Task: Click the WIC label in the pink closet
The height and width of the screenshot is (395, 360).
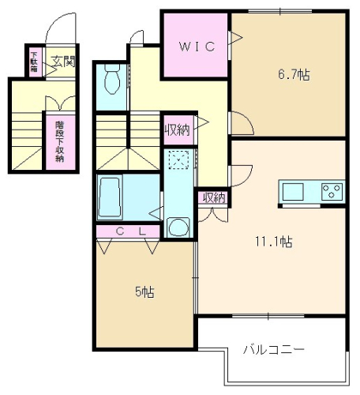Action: click(x=197, y=47)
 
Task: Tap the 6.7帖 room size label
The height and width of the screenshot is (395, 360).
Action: click(x=294, y=75)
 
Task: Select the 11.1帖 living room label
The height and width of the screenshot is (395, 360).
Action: click(x=274, y=242)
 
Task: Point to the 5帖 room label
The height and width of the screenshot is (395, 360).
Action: click(x=144, y=292)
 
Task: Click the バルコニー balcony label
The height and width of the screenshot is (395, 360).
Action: click(x=274, y=350)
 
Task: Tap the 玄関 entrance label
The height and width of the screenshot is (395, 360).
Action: click(x=63, y=62)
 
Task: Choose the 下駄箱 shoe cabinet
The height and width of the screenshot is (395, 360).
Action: click(x=35, y=62)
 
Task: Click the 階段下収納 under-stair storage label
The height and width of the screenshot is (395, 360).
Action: click(x=60, y=141)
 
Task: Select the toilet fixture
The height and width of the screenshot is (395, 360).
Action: click(x=112, y=79)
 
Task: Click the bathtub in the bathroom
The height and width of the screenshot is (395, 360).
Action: click(x=110, y=197)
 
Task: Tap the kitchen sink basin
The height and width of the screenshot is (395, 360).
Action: click(x=293, y=191)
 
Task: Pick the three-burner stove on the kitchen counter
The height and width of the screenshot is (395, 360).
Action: click(x=332, y=191)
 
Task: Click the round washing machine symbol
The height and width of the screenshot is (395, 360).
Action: click(x=178, y=228)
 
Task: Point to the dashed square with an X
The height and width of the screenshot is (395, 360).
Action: click(x=178, y=160)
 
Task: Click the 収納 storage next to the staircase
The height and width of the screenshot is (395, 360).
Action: click(x=178, y=130)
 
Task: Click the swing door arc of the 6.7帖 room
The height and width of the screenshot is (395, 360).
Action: click(x=246, y=118)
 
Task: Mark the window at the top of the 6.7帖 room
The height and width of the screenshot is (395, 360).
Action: click(x=280, y=11)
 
